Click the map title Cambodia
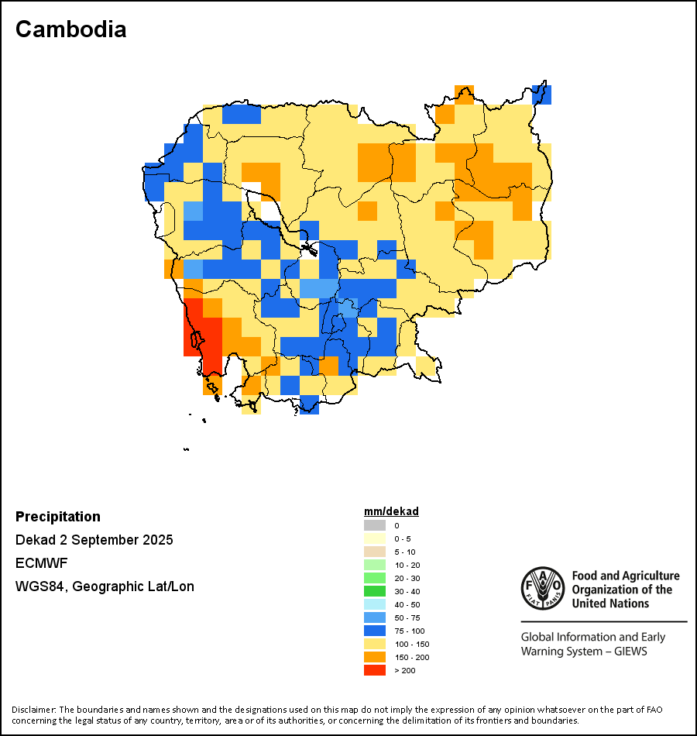70,29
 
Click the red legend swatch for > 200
374,670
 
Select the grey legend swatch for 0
374,525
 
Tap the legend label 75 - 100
409,631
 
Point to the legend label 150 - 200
411,657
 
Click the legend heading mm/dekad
391,511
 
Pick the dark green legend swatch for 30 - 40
374,591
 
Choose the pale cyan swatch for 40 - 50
374,604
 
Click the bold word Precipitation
58,517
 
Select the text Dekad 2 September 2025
94,540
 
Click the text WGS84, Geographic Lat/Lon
105,586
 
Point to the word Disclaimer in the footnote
33,710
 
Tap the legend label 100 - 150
411,644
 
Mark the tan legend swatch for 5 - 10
374,552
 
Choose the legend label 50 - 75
407,617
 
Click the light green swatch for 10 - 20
374,565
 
